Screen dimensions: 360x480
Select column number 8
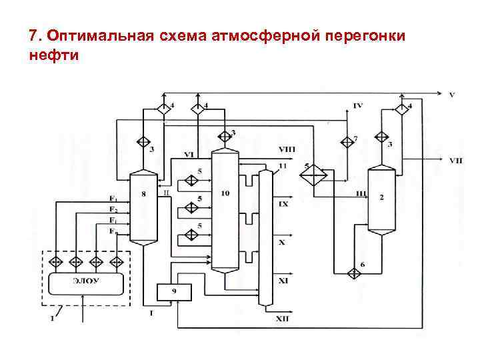point(144,207)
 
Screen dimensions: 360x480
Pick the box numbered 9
point(173,291)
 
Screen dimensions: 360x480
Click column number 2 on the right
point(381,199)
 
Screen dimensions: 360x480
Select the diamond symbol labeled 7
point(347,141)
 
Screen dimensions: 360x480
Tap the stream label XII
point(282,321)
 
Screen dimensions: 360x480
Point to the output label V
point(451,95)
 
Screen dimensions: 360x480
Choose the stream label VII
point(456,160)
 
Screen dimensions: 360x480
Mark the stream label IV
point(358,107)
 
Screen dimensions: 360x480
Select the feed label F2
point(114,210)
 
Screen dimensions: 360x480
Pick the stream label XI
point(283,281)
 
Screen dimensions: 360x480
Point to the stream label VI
point(189,155)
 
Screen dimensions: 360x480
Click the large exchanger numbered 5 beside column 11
point(311,175)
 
